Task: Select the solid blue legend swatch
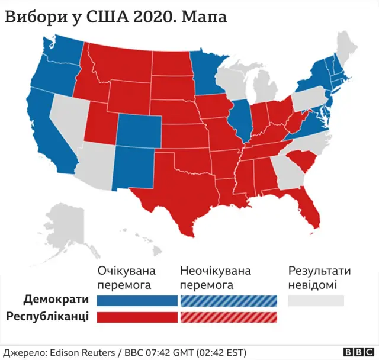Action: click(137, 300)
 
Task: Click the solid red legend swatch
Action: click(137, 317)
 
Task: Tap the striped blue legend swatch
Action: click(227, 300)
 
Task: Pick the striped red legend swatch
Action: click(227, 317)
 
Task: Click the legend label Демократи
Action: click(57, 300)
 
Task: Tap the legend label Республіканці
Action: click(47, 316)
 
